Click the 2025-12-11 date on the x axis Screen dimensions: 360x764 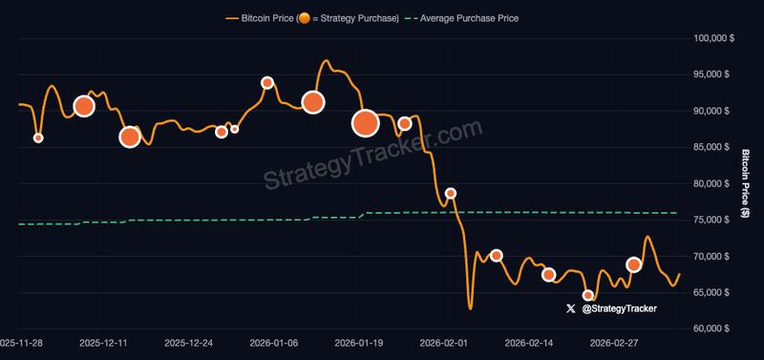[x=104, y=342]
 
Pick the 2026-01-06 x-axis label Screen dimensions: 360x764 [x=274, y=342]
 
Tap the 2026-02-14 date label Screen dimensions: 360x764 [x=529, y=342]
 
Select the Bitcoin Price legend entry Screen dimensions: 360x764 [x=310, y=18]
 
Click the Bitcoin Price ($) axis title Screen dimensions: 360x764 [x=745, y=182]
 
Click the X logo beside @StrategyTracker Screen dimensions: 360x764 [x=571, y=308]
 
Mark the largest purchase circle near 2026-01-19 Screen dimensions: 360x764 [x=366, y=122]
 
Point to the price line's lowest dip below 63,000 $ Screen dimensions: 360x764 [x=470, y=307]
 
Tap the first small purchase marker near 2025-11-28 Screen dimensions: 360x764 [x=38, y=138]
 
